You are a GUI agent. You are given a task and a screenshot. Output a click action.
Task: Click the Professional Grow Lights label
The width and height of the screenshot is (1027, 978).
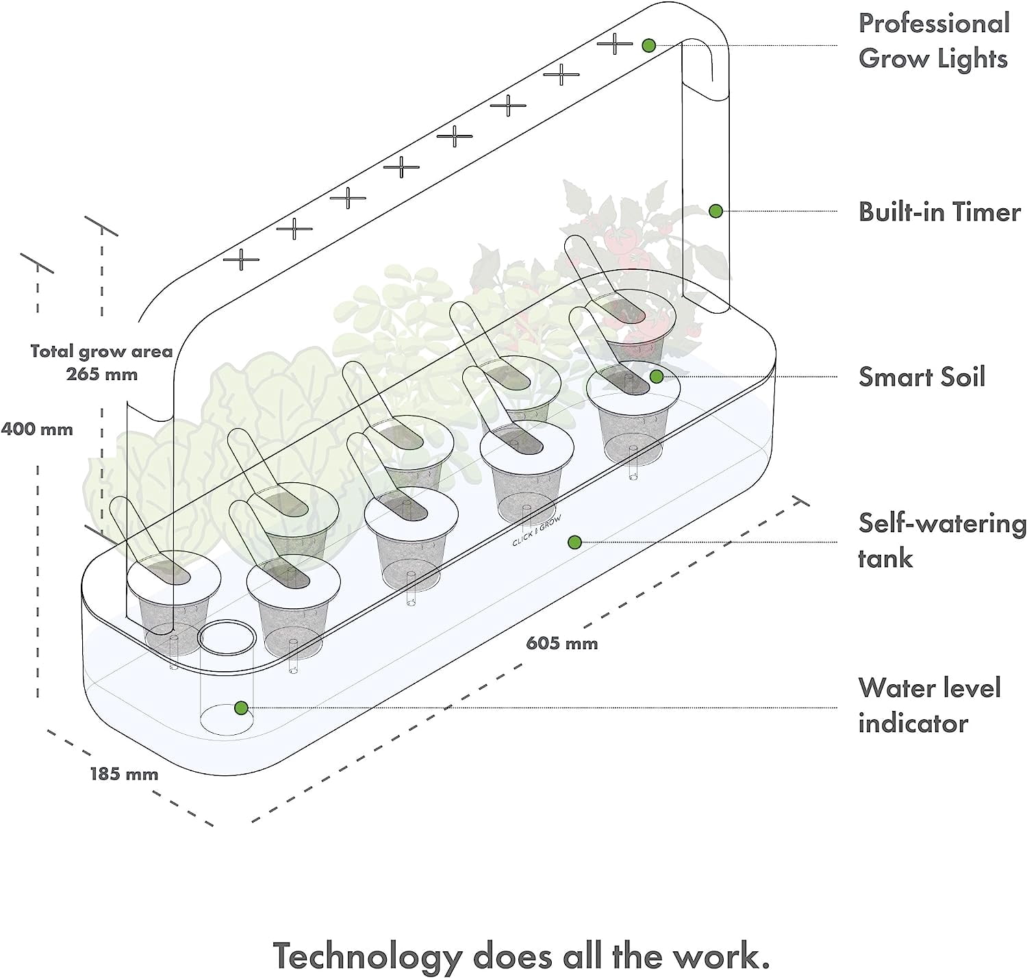[934, 41]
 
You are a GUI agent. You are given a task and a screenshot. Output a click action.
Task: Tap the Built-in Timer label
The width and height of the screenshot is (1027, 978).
[939, 212]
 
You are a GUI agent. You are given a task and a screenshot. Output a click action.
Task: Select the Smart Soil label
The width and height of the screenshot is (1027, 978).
[922, 377]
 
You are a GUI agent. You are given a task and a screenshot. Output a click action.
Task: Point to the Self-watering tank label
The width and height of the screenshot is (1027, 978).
[942, 541]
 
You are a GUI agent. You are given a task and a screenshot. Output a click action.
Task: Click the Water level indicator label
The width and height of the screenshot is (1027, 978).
[929, 705]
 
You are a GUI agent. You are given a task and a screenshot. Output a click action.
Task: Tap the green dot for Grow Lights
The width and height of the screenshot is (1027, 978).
[648, 45]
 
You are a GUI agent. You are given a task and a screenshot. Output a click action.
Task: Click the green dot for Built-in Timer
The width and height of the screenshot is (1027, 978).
[715, 211]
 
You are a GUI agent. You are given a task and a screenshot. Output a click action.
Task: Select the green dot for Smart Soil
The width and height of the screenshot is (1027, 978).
[656, 377]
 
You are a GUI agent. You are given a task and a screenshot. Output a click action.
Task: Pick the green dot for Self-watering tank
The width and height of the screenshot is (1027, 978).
[574, 542]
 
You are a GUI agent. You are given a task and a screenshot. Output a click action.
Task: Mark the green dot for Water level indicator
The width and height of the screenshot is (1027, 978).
[241, 707]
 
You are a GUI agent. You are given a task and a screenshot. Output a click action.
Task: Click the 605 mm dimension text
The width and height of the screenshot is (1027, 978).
[561, 643]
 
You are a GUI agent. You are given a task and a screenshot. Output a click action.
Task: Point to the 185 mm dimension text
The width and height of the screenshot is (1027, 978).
[124, 774]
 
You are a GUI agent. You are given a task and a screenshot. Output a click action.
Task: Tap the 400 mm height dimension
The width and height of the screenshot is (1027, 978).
[36, 429]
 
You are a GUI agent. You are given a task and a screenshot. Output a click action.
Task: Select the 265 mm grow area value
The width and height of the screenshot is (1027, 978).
[102, 374]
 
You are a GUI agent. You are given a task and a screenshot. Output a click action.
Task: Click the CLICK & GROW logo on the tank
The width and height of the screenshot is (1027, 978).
[537, 531]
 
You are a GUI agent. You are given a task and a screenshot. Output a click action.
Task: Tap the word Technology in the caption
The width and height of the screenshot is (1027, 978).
[367, 956]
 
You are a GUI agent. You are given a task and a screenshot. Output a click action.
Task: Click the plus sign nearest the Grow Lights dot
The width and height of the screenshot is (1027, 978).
[615, 43]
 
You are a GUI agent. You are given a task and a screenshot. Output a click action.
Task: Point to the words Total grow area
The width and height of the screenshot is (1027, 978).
[101, 352]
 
